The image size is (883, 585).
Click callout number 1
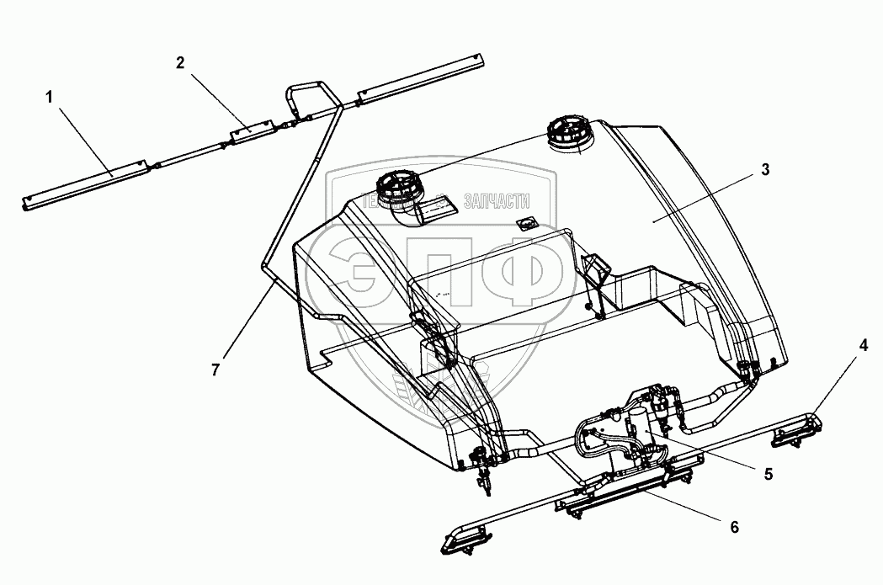[x=50, y=98]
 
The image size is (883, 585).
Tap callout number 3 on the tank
[x=764, y=169]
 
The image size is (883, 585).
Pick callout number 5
[x=768, y=474]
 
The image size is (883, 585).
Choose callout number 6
[x=733, y=527]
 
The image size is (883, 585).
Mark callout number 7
[x=215, y=369]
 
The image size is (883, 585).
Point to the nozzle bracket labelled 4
[x=801, y=429]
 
